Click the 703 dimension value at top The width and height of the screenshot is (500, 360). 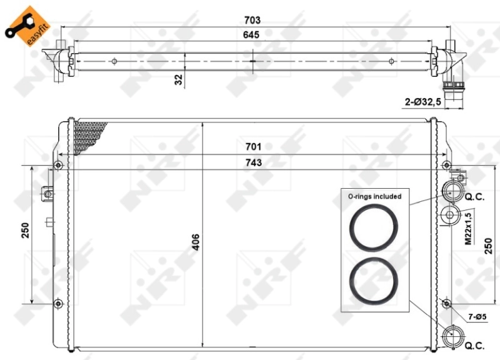(252, 19)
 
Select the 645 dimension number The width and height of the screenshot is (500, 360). (252, 35)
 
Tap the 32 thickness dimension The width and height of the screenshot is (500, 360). (179, 79)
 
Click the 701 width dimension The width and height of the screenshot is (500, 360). (252, 147)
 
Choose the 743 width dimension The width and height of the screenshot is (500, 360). (252, 162)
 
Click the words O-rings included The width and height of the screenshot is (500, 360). (374, 196)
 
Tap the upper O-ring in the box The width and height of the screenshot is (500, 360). (374, 227)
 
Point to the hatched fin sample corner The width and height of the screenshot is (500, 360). (86, 134)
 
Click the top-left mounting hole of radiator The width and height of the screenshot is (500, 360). (58, 165)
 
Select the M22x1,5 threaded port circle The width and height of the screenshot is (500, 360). (451, 216)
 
